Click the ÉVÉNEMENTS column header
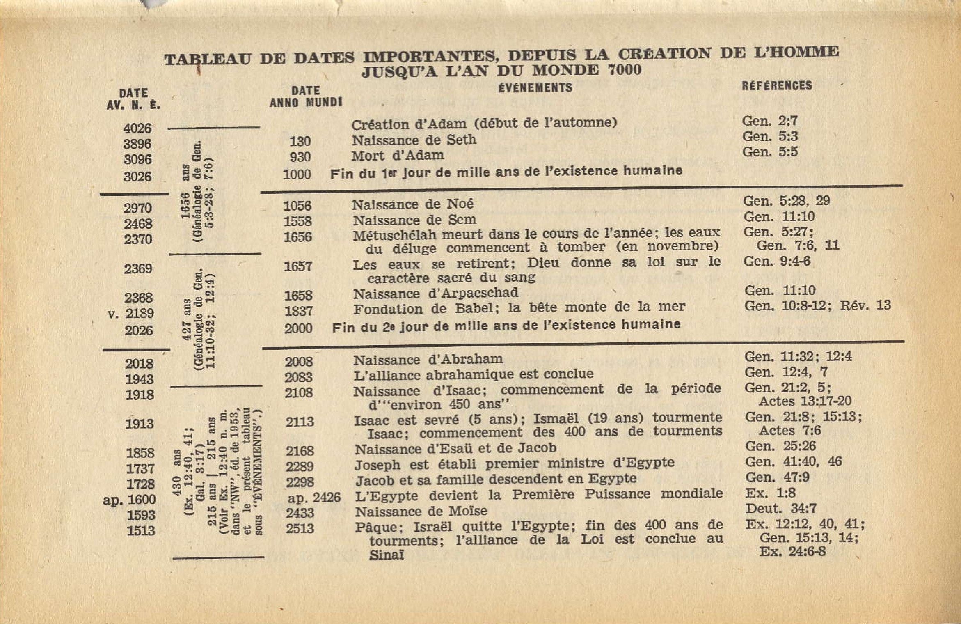[x=535, y=87]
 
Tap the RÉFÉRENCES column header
[x=777, y=85]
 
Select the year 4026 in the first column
[x=137, y=128]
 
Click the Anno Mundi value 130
[x=300, y=141]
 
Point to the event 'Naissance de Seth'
[x=414, y=140]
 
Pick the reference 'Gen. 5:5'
[x=770, y=152]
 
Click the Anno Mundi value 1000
[x=297, y=174]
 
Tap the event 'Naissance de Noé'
[x=412, y=204]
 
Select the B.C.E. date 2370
[x=138, y=239]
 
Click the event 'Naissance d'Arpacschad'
[x=435, y=293]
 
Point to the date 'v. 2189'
[x=131, y=314]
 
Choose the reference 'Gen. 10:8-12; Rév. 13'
[x=817, y=305]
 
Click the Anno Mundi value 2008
[x=299, y=362]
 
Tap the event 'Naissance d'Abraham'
[x=428, y=360]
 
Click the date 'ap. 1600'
[x=129, y=500]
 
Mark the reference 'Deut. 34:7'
[x=781, y=509]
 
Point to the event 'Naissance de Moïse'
[x=421, y=512]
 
